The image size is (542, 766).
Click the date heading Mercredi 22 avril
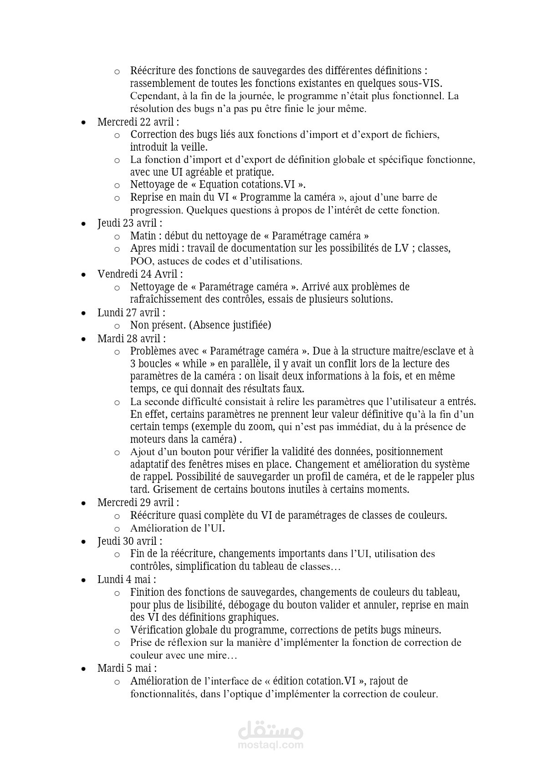138,122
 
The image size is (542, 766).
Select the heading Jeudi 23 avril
130,223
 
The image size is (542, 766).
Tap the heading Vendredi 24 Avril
140,274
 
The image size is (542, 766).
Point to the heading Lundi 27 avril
131,313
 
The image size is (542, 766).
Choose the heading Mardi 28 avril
132,339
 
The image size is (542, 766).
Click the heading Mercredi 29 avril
138,502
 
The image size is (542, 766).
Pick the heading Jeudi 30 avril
130,541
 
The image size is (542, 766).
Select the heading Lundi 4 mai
127,579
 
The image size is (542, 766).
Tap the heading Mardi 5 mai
127,668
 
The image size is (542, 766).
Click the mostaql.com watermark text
271,745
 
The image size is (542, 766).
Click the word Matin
143,236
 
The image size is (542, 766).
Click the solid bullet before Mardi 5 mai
83,669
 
